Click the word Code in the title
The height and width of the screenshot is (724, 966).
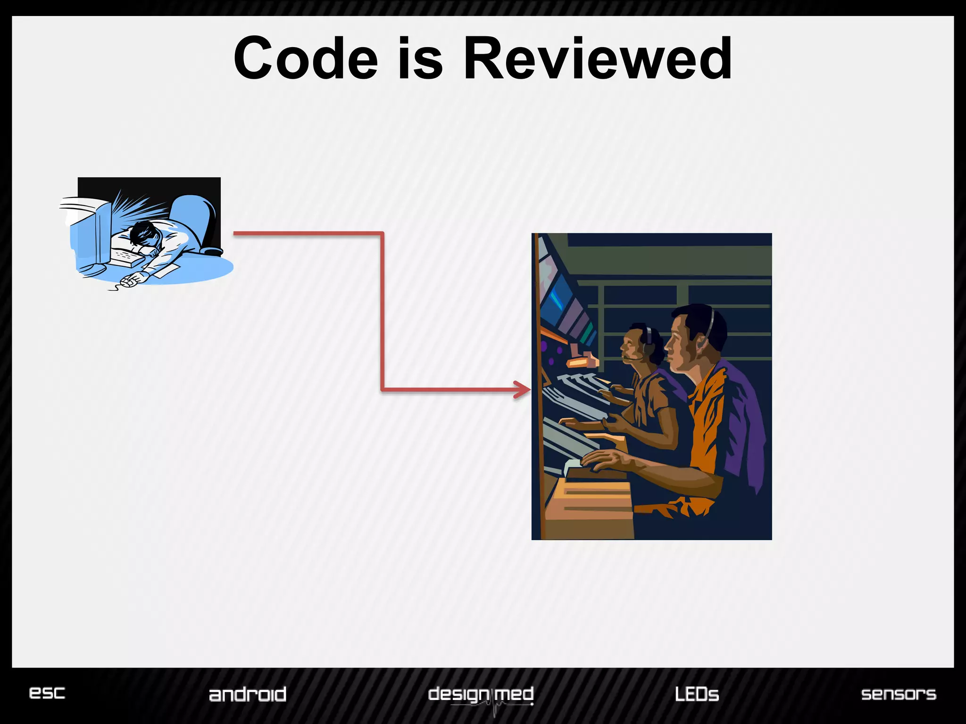[306, 59]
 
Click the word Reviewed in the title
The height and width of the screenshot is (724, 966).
[598, 59]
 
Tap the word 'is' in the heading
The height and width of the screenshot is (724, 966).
[420, 59]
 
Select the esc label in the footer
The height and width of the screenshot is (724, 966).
[47, 692]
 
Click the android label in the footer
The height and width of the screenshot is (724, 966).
[248, 694]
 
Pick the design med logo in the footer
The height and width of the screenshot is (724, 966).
[481, 696]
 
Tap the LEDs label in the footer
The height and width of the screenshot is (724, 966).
[697, 694]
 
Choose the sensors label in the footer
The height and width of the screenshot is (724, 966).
[899, 694]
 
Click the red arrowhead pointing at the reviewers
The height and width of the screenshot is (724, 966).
[524, 390]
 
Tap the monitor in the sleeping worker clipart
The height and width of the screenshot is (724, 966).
[94, 236]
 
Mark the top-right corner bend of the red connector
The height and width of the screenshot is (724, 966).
[382, 233]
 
